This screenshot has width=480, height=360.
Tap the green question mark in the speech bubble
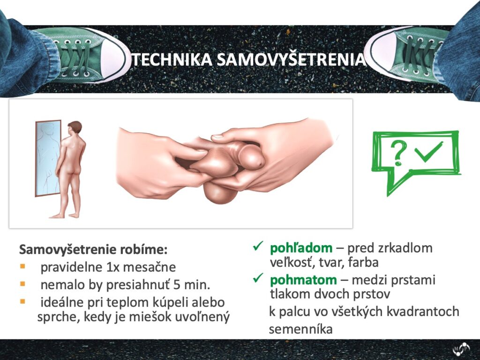[398, 153]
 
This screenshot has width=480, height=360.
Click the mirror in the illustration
[48, 158]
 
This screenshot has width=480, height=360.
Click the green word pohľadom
[301, 247]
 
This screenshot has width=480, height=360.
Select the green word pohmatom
[303, 280]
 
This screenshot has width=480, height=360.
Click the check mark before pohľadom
[258, 246]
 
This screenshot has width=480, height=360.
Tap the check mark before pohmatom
[258, 277]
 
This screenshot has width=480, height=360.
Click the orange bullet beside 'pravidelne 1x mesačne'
[22, 266]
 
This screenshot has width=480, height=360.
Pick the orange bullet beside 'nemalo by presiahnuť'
[22, 284]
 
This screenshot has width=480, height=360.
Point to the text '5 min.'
[192, 285]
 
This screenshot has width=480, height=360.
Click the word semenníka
[300, 330]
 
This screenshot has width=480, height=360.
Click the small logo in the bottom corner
[461, 349]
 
